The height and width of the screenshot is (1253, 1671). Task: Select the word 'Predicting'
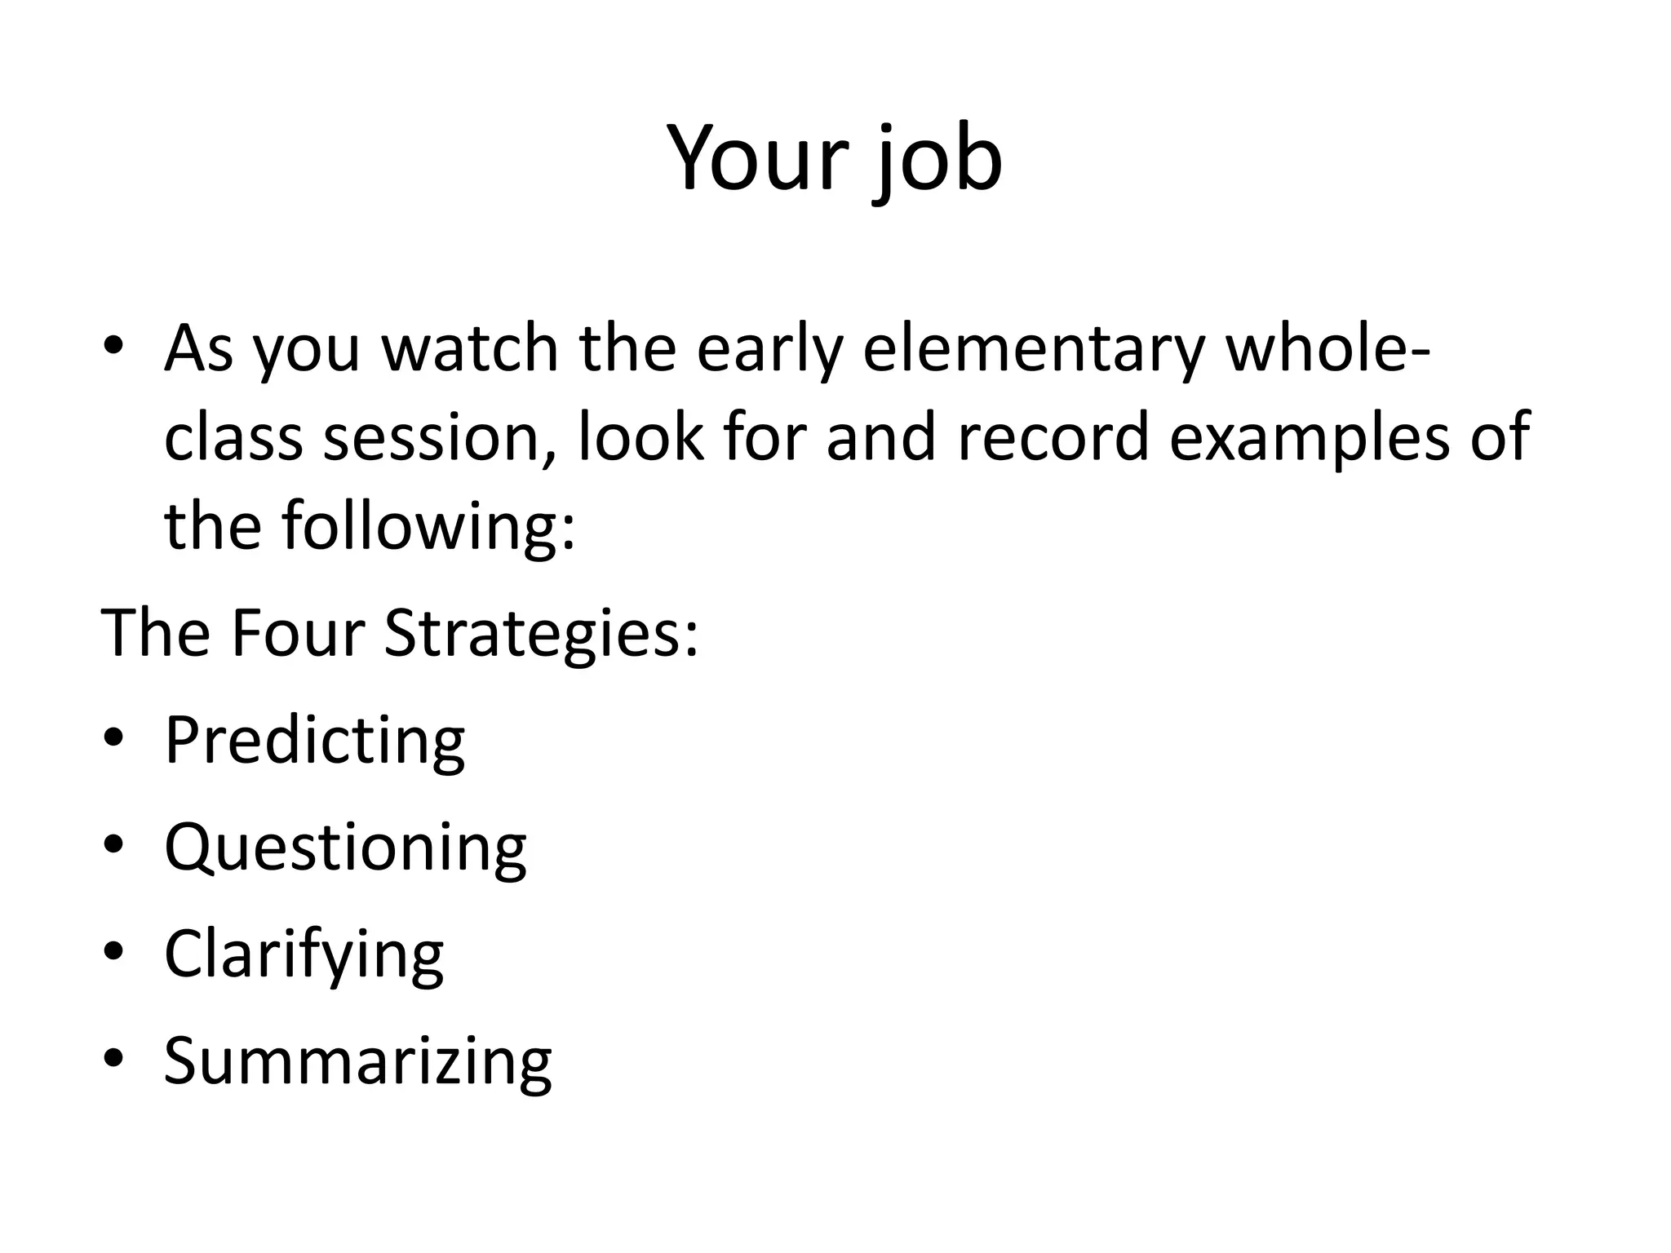tap(314, 740)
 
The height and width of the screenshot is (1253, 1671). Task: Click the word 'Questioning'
tap(345, 848)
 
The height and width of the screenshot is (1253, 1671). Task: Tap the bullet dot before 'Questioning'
tap(113, 845)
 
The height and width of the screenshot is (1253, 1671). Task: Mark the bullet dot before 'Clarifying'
tap(113, 952)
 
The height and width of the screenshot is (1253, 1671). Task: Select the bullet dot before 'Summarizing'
tap(113, 1058)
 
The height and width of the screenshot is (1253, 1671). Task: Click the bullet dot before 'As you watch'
tap(113, 346)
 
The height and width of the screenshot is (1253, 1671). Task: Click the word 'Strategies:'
tap(541, 634)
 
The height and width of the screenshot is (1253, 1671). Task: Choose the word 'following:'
tap(429, 526)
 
